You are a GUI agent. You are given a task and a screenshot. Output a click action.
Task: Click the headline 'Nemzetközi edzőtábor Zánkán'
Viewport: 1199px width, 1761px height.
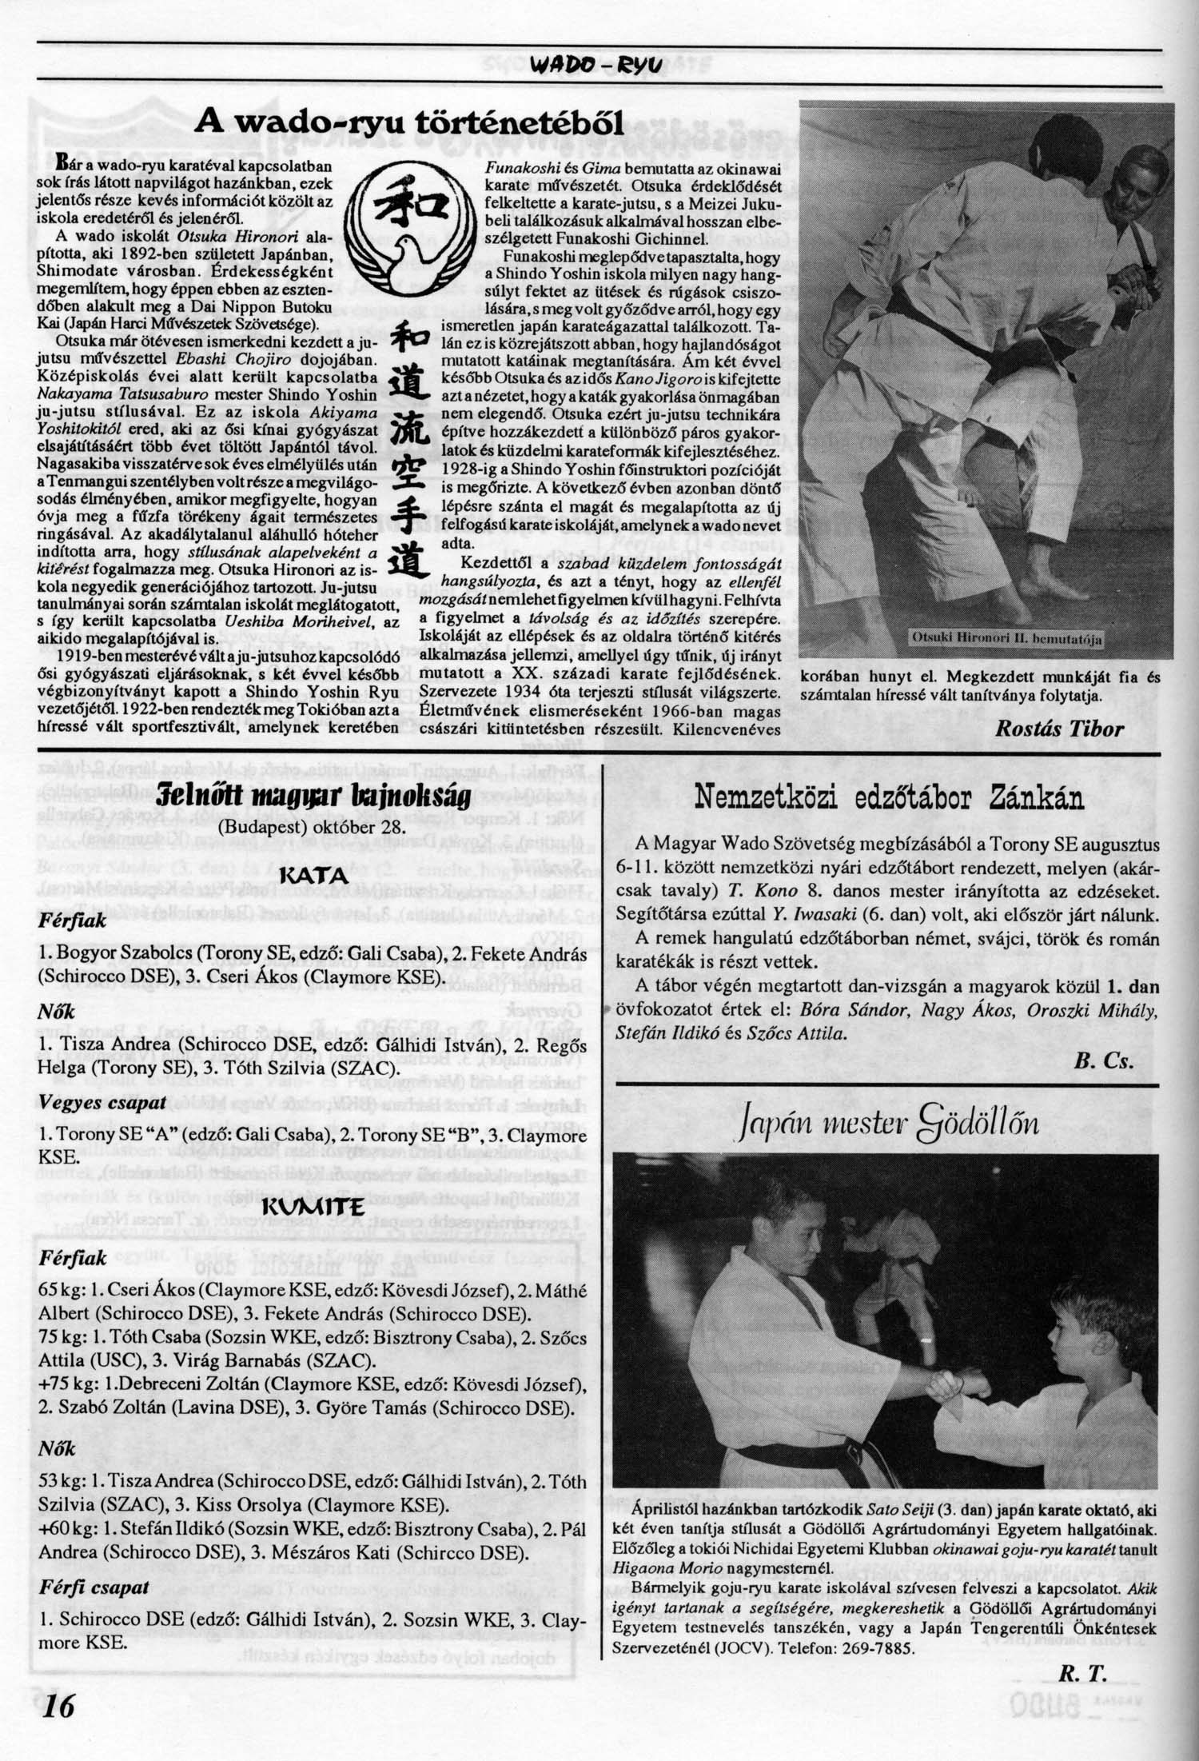pyautogui.click(x=889, y=797)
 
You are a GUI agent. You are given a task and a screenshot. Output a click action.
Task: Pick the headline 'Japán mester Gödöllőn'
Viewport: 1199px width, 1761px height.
pyautogui.click(x=889, y=1125)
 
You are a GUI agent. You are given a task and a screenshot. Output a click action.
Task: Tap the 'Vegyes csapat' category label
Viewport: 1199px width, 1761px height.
pyautogui.click(x=102, y=1102)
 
